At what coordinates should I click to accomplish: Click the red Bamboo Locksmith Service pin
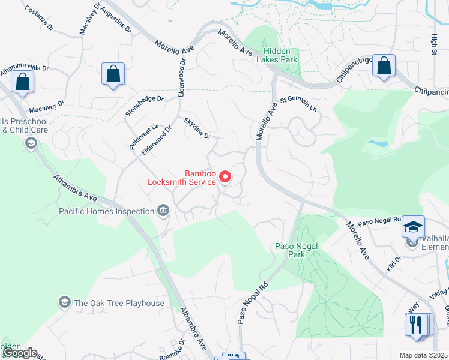[225, 176]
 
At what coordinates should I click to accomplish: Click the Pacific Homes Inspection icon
[163, 210]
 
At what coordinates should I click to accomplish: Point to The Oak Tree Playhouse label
[119, 303]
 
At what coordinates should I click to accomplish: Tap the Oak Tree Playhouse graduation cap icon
[65, 302]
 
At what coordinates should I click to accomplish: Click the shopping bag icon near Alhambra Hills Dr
[23, 82]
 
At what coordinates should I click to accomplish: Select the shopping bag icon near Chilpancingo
[384, 65]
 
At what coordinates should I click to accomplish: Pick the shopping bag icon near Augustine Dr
[113, 74]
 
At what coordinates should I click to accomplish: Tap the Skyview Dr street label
[197, 128]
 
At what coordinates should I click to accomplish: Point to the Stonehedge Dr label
[144, 106]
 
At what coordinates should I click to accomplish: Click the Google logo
[19, 353]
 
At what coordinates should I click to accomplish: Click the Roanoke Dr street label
[172, 349]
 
